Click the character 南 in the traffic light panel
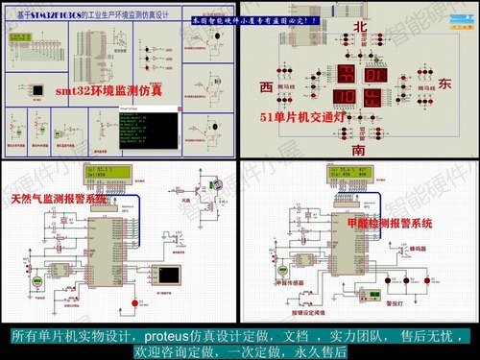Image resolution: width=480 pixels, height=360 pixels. (358, 150)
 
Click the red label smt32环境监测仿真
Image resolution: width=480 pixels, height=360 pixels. (108, 92)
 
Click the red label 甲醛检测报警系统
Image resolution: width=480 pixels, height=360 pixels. (388, 222)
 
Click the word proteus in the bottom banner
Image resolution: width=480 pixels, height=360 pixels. (174, 337)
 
